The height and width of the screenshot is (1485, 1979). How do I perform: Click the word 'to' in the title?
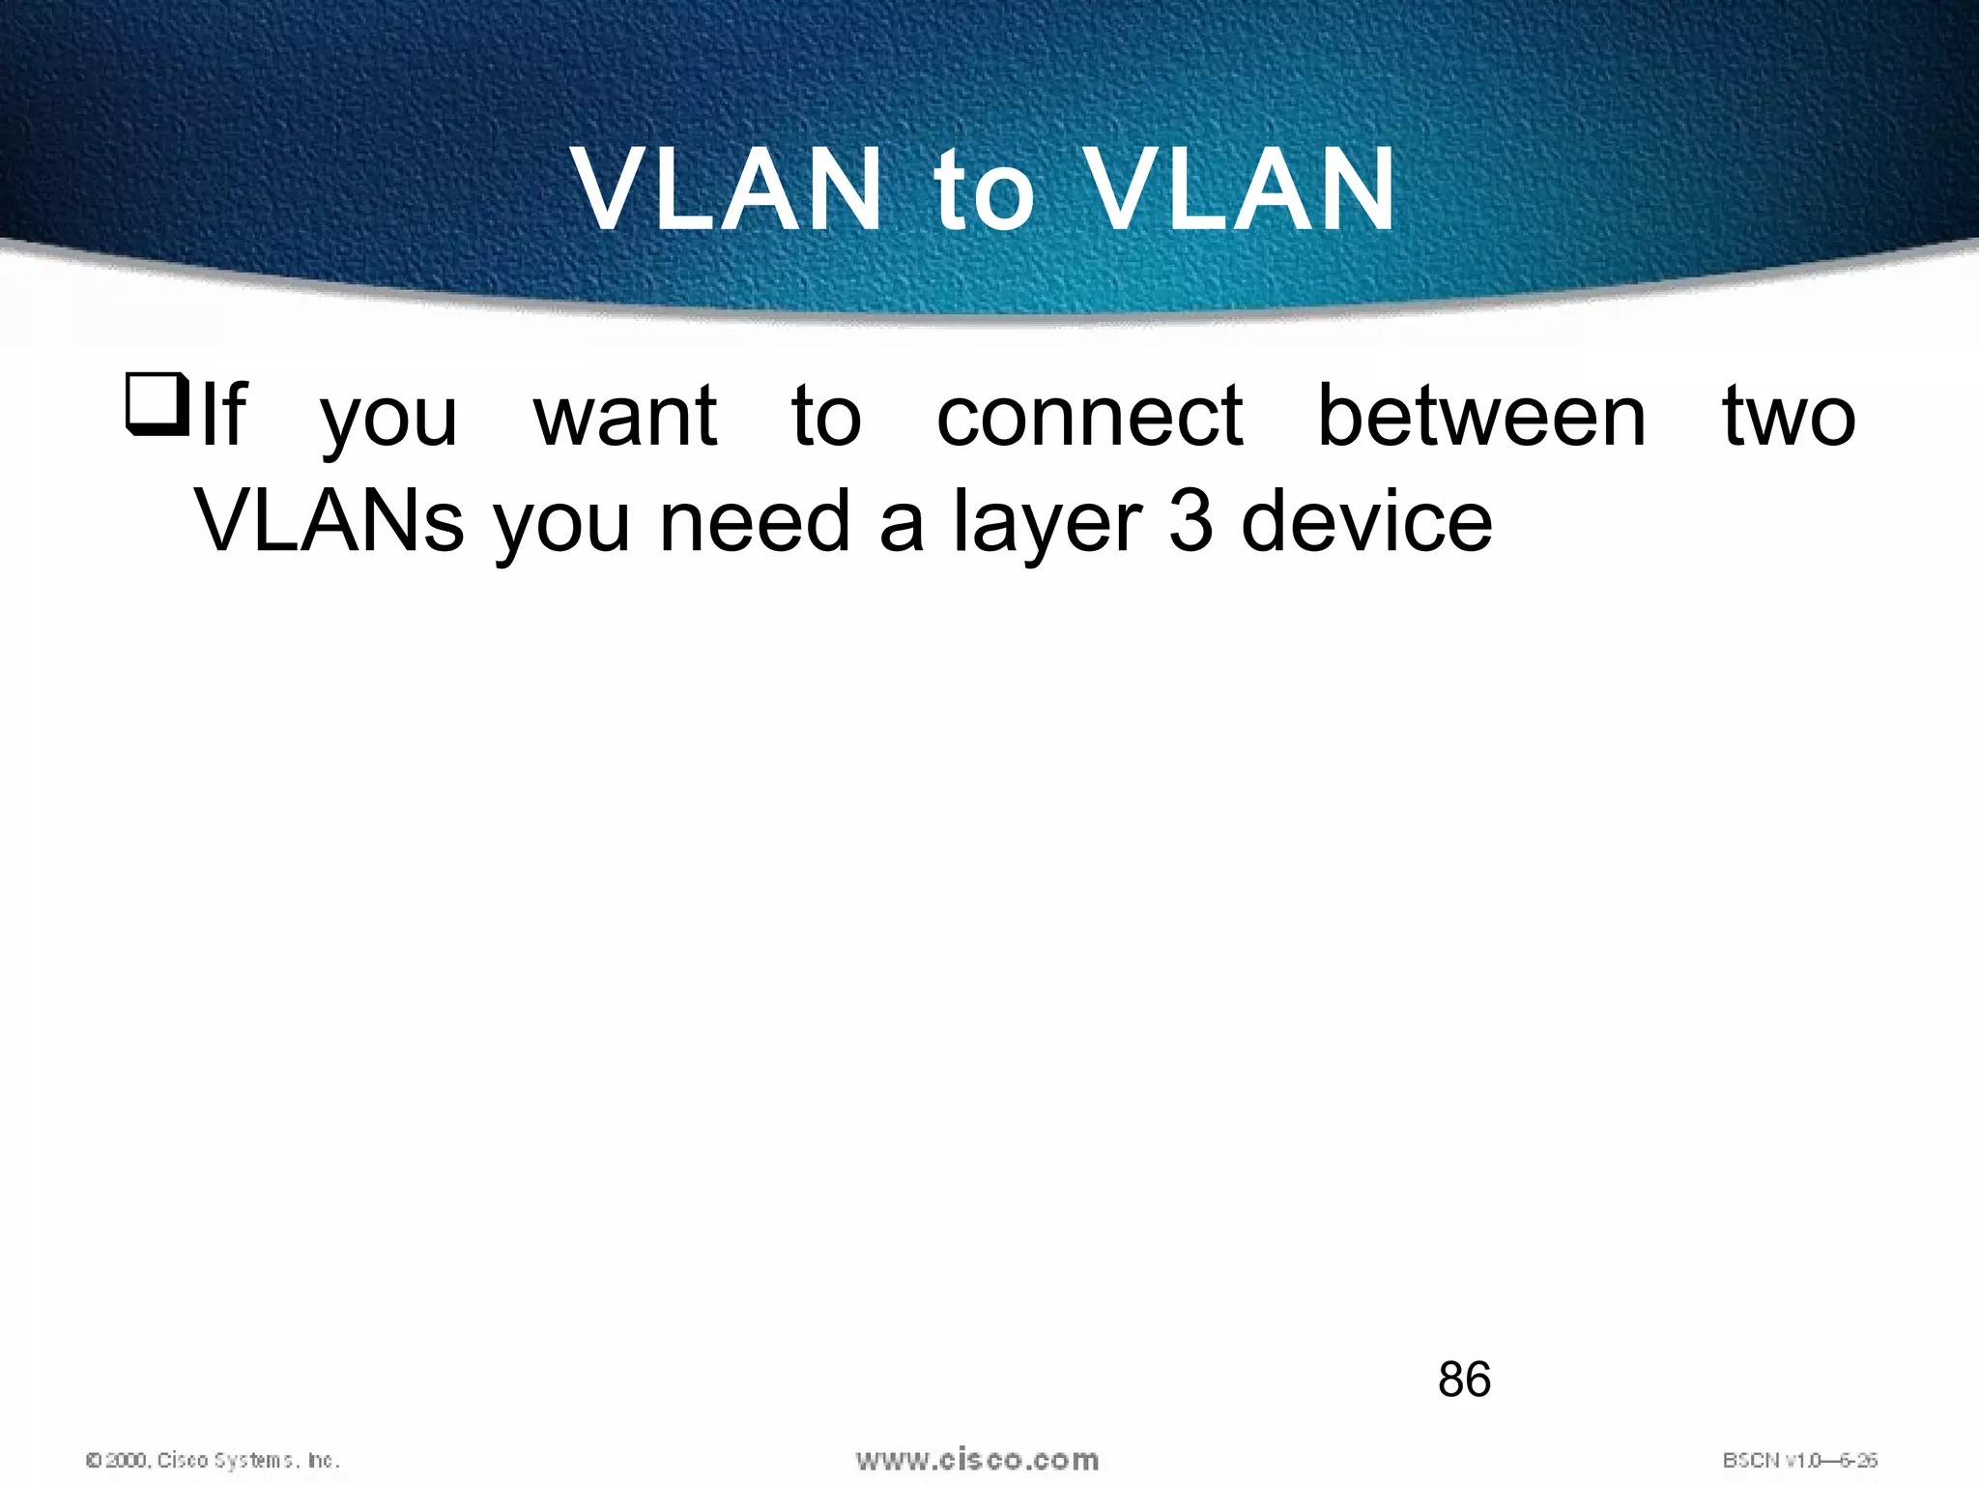coord(983,191)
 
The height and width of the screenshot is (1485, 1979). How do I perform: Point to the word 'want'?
coord(625,418)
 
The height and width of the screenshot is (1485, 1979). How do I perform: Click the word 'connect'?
coord(1089,418)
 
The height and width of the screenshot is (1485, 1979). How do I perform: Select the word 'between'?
coord(1481,418)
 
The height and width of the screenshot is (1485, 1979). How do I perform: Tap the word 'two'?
coord(1788,418)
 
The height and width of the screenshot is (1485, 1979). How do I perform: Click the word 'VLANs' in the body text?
coord(330,522)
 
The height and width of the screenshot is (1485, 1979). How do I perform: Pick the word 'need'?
coord(754,522)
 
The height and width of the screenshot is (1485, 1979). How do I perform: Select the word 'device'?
coord(1366,522)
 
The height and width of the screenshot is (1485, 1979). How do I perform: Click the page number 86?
coord(1464,1380)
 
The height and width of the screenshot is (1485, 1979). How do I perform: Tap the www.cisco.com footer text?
coord(977,1460)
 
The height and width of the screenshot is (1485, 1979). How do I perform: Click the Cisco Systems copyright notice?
coord(213,1460)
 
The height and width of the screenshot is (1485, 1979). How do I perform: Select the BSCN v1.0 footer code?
coord(1799,1460)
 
